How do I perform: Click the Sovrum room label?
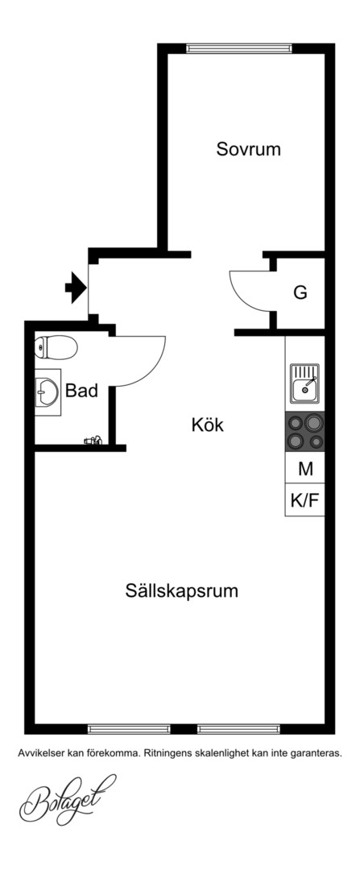point(249,149)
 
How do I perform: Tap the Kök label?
point(208,425)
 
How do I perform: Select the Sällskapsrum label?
point(181,590)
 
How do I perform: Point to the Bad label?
point(81,391)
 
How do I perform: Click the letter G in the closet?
point(300,292)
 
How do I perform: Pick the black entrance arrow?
point(76,288)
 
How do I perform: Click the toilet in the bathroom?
point(56,347)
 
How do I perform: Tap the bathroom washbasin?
point(48,391)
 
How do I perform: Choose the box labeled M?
point(305,470)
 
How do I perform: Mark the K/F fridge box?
point(305,500)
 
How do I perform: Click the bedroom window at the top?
point(239,48)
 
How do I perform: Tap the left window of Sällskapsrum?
point(129,728)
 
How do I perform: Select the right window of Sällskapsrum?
point(238,728)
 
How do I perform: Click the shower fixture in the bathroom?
point(93,441)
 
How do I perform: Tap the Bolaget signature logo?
point(68,799)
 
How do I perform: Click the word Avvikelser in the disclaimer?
point(41,753)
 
